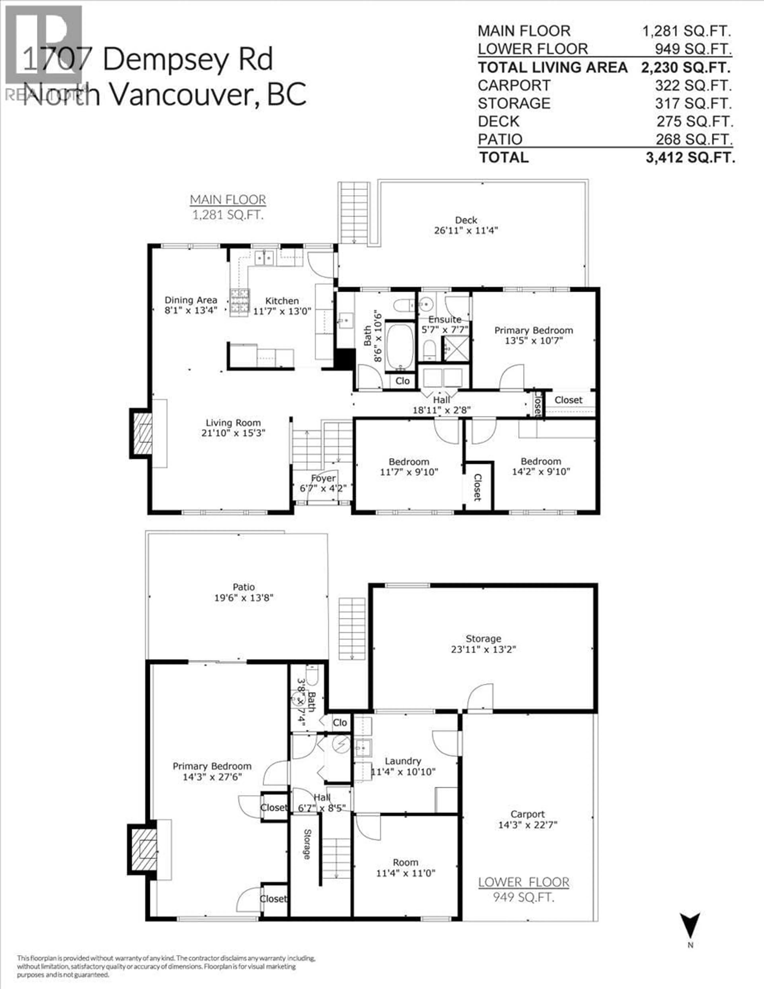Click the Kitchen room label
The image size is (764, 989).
pyautogui.click(x=282, y=301)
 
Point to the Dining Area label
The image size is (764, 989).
pyautogui.click(x=191, y=300)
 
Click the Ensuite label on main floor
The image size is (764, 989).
pyautogui.click(x=445, y=319)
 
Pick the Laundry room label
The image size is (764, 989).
pyautogui.click(x=403, y=761)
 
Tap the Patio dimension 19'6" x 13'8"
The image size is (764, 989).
pyautogui.click(x=244, y=598)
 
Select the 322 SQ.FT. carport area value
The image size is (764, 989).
pyautogui.click(x=693, y=86)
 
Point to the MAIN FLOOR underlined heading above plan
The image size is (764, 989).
pyautogui.click(x=228, y=200)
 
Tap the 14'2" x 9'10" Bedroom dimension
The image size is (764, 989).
pyautogui.click(x=541, y=471)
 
